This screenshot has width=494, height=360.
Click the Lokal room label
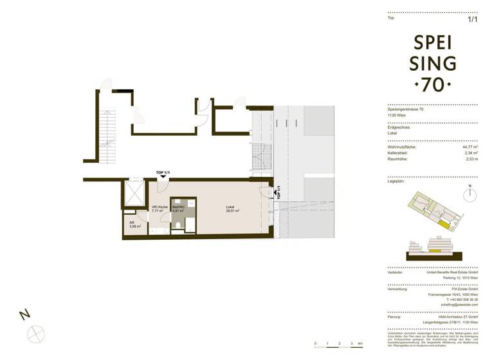(x=230, y=206)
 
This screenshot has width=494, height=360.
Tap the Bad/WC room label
(x=178, y=206)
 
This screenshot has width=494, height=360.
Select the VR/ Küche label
(x=159, y=206)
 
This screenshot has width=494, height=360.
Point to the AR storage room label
(x=134, y=222)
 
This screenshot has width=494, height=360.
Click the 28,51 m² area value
(x=232, y=210)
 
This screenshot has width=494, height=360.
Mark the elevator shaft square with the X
(x=135, y=194)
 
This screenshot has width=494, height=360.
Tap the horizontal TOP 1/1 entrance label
(x=164, y=173)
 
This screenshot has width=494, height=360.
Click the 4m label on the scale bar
(x=361, y=345)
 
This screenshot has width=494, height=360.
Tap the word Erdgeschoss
(x=398, y=127)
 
